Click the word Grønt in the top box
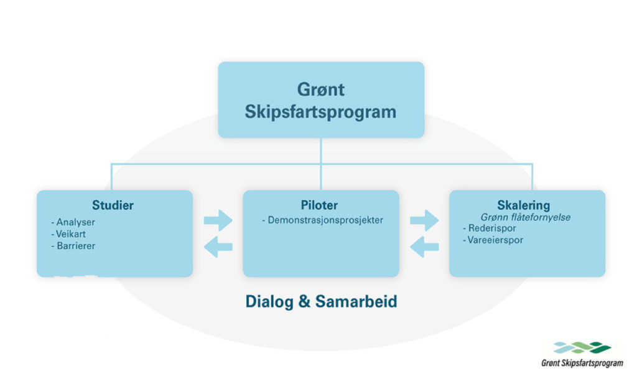click(320, 90)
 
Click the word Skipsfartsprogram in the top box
click(320, 113)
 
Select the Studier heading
click(113, 205)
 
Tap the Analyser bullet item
click(73, 222)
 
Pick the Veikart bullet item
click(68, 234)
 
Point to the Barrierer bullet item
click(73, 246)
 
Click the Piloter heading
click(319, 205)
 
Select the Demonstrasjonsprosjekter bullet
click(323, 220)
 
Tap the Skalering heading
click(523, 205)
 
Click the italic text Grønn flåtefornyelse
click(525, 217)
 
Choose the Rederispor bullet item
click(490, 228)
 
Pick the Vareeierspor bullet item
click(493, 240)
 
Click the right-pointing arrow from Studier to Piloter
click(218, 220)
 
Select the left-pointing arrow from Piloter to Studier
click(218, 247)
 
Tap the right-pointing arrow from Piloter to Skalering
click(424, 220)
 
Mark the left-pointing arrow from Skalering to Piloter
click(424, 247)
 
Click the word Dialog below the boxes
click(269, 302)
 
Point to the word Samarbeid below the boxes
click(356, 301)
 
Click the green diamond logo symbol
click(582, 347)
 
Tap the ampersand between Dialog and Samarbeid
click(304, 302)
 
